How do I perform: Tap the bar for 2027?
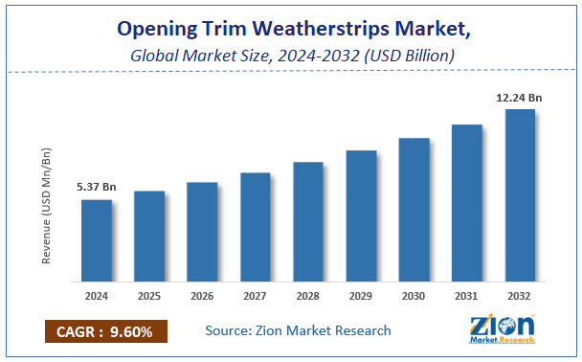(x=256, y=227)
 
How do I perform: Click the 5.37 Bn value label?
(x=96, y=188)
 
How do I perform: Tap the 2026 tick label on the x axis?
(x=202, y=296)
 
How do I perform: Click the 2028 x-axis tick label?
(x=308, y=296)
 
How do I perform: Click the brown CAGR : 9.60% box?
(x=105, y=331)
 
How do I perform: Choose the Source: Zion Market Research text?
(x=298, y=330)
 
